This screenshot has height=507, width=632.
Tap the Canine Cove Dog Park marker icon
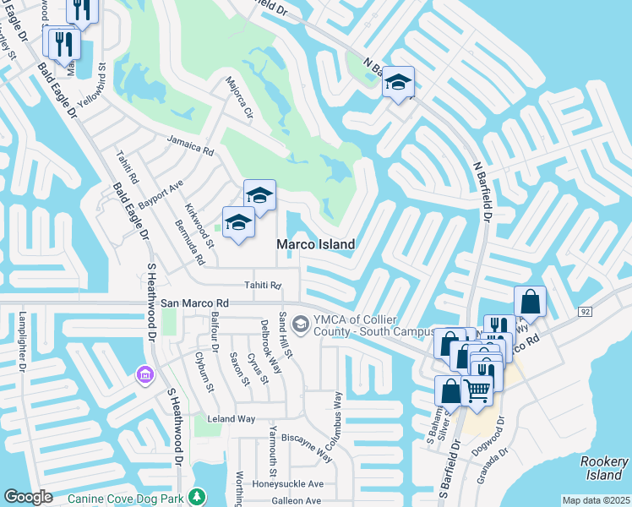point(197,495)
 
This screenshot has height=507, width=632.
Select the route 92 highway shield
point(585,312)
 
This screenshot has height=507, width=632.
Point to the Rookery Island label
point(604,468)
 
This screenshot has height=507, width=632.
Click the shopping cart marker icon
point(477,391)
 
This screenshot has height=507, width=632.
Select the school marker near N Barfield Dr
point(398,83)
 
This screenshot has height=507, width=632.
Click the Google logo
point(28,497)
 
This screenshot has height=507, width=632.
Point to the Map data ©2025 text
point(596,500)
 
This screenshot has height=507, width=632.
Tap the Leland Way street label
point(232,418)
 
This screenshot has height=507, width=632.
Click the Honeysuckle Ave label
point(288,484)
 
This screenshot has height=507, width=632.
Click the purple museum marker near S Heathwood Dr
point(144,373)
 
